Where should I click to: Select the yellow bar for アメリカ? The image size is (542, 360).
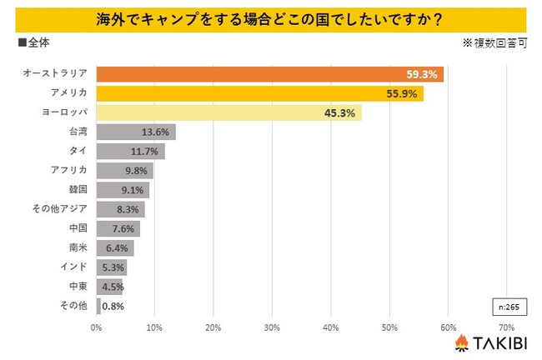tap(258, 93)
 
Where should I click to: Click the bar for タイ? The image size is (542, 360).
tap(130, 151)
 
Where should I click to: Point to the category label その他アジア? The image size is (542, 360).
tap(63, 208)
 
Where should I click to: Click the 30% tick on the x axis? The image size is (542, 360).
tap(272, 327)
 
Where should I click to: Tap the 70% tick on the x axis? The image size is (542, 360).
tap(505, 327)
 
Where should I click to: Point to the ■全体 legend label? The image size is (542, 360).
tap(34, 41)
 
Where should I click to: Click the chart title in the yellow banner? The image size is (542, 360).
tap(270, 17)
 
